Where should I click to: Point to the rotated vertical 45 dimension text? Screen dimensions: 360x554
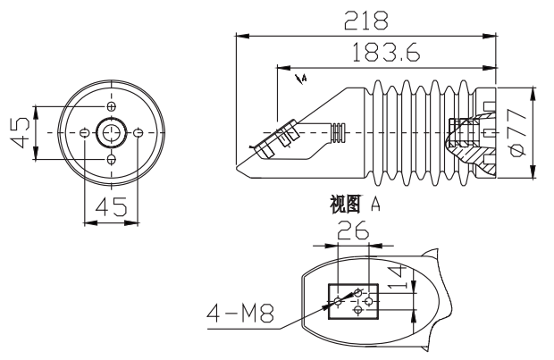pos(18,134)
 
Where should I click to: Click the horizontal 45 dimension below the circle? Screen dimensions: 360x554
pos(111,206)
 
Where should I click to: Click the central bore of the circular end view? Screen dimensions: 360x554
pos(111,134)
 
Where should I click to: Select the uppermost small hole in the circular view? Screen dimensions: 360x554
pos(111,107)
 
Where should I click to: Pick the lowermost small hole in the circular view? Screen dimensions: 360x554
pos(111,160)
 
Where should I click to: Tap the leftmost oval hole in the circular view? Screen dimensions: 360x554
pos(84,134)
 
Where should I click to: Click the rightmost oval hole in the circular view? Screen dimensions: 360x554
pos(138,134)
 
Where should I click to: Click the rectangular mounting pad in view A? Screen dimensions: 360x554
pos(354,300)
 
